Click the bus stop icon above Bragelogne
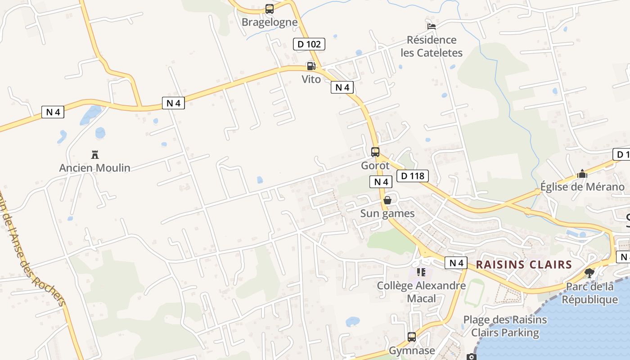(x=270, y=9)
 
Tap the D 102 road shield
(x=309, y=44)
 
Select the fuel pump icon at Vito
(x=310, y=66)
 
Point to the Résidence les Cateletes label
(x=432, y=46)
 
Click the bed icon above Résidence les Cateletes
(x=432, y=26)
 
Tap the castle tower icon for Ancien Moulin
(x=95, y=155)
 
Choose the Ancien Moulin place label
(x=95, y=168)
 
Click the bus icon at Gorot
(x=375, y=152)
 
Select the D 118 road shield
(x=413, y=176)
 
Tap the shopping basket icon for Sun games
(x=387, y=200)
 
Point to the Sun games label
(x=387, y=213)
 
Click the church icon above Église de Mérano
(x=582, y=174)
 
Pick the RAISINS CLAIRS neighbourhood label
(x=524, y=265)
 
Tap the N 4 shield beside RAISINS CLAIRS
(x=456, y=263)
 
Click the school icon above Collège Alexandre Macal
(x=421, y=272)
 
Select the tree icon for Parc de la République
(x=589, y=273)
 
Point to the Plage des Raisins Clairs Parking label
(x=505, y=326)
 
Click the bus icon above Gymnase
(x=412, y=337)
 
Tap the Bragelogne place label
(x=270, y=22)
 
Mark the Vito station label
(x=311, y=80)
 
